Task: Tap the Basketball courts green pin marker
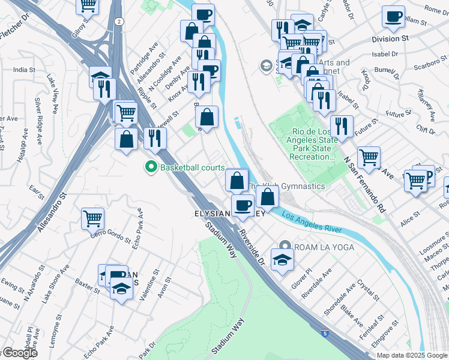[x=151, y=167]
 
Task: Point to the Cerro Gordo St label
[x=110, y=235]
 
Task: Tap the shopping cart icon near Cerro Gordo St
[x=92, y=218]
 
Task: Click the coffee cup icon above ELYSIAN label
[x=243, y=206]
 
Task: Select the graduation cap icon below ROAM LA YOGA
[x=281, y=259]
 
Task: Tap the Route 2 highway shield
[x=120, y=21]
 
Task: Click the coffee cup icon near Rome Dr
[x=393, y=17]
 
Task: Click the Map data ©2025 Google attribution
[x=412, y=355]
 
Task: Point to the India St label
[x=24, y=70]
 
